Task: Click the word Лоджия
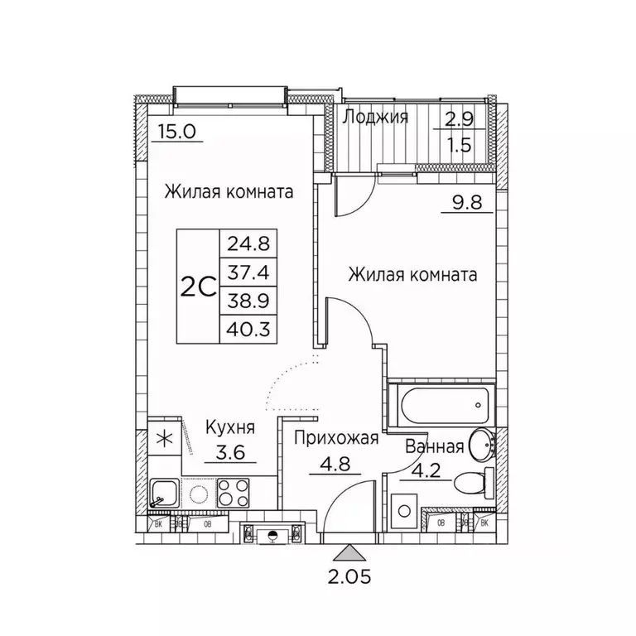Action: pyautogui.click(x=375, y=117)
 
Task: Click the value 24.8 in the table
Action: pyautogui.click(x=248, y=244)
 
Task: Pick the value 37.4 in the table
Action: pyautogui.click(x=248, y=273)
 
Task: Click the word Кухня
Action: pyautogui.click(x=229, y=427)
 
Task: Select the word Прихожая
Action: pyautogui.click(x=336, y=438)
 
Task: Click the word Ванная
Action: pyautogui.click(x=433, y=447)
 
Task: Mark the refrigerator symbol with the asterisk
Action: pyautogui.click(x=165, y=438)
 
